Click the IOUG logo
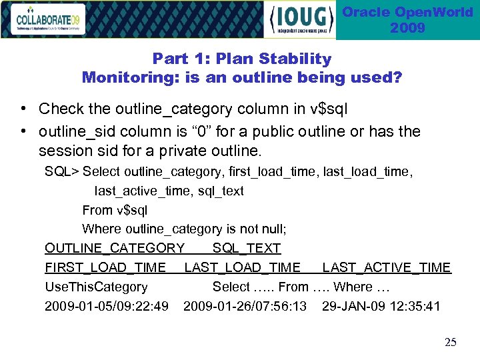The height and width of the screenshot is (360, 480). [x=301, y=19]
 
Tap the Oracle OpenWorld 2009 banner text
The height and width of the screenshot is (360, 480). [x=407, y=20]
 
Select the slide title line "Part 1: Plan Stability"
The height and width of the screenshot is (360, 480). [x=241, y=59]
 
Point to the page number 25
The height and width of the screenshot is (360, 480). [x=451, y=342]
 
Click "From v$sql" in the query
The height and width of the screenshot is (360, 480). [x=115, y=210]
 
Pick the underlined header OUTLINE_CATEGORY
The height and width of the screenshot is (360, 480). [x=114, y=249]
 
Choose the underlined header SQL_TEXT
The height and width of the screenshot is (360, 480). [x=247, y=249]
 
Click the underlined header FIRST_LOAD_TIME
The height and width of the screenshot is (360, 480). [x=105, y=268]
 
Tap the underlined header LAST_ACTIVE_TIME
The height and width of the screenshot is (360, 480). [x=386, y=268]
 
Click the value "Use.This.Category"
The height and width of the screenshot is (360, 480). [x=96, y=287]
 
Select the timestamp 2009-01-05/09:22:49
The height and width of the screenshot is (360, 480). [x=106, y=307]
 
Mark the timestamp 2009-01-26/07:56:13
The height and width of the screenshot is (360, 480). [x=245, y=307]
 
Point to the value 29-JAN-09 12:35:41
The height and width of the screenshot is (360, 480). [x=381, y=307]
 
